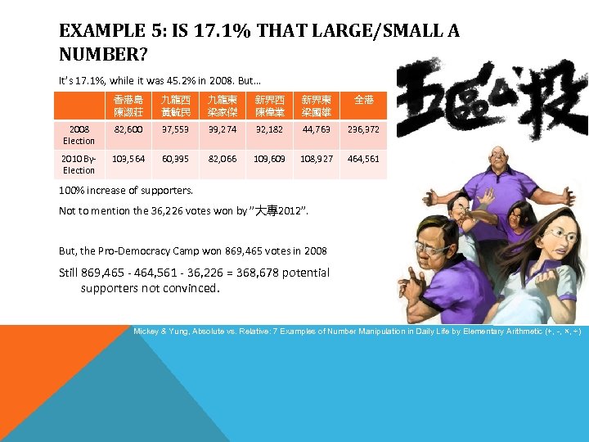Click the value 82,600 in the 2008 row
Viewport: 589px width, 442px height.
pos(129,129)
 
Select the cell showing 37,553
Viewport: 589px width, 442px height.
pos(176,129)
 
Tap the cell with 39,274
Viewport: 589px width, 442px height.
pos(222,129)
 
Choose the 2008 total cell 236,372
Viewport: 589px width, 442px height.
pos(362,129)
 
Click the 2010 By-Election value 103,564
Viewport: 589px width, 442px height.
pos(129,159)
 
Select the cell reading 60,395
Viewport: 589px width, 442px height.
pos(176,159)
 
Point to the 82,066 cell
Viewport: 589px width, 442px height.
pos(222,159)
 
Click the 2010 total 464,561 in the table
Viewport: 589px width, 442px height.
pos(362,159)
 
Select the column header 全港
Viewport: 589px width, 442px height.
pos(363,100)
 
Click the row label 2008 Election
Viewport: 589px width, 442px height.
pos(79,135)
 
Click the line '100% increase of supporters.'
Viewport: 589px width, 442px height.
pos(126,191)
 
